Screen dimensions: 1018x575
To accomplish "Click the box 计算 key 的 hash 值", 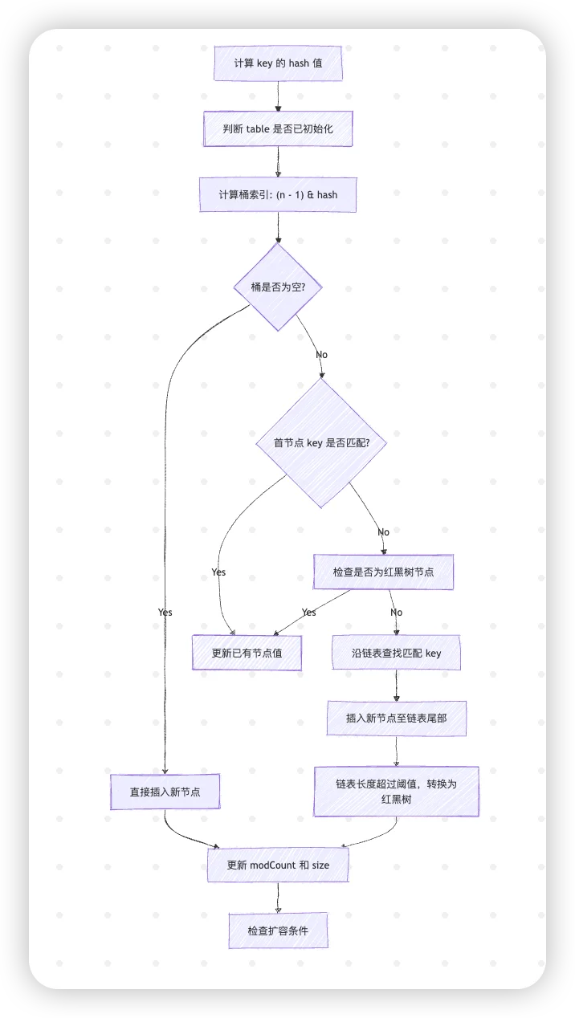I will click(278, 63).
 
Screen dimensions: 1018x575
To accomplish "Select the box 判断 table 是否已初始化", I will click(278, 128).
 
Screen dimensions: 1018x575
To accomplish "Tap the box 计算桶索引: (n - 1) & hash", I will click(278, 194).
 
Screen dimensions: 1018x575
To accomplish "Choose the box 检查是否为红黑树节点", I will click(383, 572).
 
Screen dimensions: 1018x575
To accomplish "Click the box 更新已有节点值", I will click(247, 653).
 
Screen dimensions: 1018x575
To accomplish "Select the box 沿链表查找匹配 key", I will click(396, 653).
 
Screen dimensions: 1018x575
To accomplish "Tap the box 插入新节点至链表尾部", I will click(396, 719).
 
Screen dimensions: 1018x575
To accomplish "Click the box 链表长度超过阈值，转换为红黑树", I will click(396, 792).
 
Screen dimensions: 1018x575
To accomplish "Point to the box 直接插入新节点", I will click(165, 792).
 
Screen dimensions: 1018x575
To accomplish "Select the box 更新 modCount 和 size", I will click(278, 865).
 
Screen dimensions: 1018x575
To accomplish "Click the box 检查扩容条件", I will click(278, 930).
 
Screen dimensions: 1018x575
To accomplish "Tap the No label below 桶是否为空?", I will click(321, 355).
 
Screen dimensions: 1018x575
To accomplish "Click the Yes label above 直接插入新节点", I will click(165, 612).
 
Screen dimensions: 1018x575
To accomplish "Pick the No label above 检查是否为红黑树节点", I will click(383, 531).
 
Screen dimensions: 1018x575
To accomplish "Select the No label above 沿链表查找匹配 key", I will click(396, 612).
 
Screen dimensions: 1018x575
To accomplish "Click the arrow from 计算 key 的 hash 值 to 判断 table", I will click(278, 96).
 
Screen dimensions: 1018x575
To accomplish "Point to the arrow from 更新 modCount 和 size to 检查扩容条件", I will click(278, 898).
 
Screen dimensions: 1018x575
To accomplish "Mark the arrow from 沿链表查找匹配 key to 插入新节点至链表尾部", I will click(396, 686).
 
